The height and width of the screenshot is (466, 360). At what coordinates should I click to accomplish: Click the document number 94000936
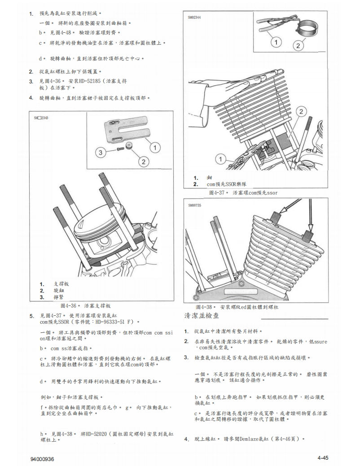(x=43, y=459)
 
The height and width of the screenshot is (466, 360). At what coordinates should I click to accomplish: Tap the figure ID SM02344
(x=194, y=18)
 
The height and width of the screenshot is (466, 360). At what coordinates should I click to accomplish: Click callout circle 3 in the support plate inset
(x=101, y=152)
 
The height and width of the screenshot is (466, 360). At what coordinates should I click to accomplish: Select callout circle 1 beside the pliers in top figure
(x=276, y=43)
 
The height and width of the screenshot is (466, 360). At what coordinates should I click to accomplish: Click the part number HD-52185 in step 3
(x=90, y=81)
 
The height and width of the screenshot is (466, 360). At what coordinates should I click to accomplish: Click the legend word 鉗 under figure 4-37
(x=209, y=178)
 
